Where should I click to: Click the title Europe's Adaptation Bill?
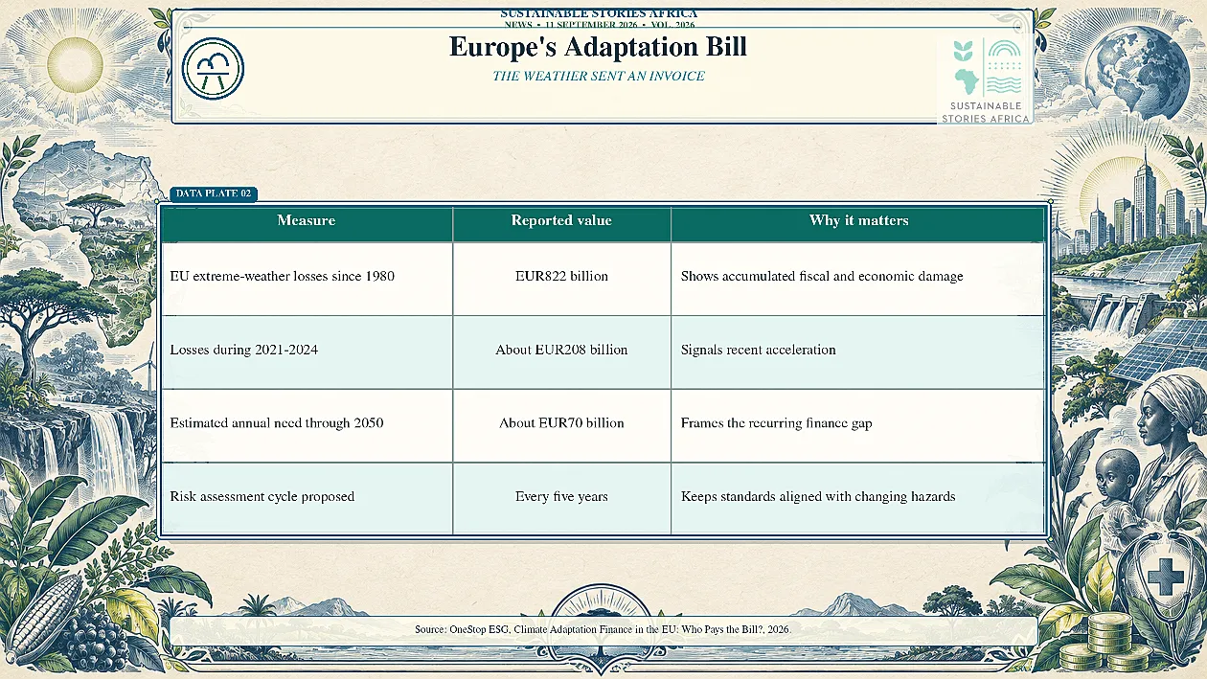(x=598, y=47)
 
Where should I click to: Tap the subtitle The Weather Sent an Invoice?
(x=598, y=76)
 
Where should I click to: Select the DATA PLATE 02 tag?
(x=214, y=193)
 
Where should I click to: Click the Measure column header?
(x=307, y=220)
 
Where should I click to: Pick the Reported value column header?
(x=561, y=220)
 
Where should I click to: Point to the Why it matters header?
(x=859, y=220)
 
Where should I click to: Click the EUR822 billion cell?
(x=561, y=277)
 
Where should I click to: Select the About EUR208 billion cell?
(x=561, y=350)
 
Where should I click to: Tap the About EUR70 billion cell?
(x=561, y=423)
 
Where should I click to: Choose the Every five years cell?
(x=561, y=496)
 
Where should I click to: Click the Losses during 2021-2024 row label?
(x=243, y=350)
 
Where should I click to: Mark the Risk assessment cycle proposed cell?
(x=262, y=496)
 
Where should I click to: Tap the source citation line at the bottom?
(x=603, y=629)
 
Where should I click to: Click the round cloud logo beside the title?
(x=213, y=68)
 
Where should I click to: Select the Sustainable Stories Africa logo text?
(x=986, y=113)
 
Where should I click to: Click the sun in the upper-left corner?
(x=76, y=63)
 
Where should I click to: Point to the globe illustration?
(x=1137, y=71)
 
